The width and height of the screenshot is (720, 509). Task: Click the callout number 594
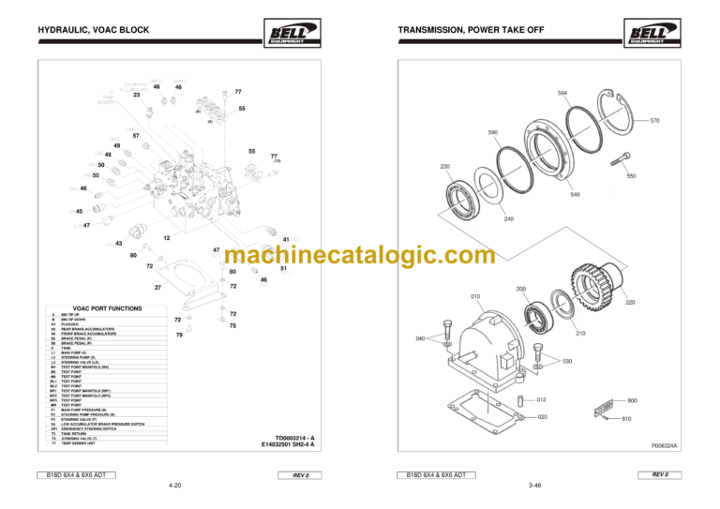(562, 94)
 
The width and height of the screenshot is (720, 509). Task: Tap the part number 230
(445, 166)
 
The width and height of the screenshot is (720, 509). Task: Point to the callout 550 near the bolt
(631, 175)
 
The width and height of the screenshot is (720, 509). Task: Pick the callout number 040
(420, 337)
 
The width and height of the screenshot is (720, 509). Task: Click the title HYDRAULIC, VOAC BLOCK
(83, 32)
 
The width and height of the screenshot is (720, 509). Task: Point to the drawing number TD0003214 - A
(296, 438)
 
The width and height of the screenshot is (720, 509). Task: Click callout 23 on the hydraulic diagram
(137, 95)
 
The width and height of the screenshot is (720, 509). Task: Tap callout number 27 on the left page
(158, 287)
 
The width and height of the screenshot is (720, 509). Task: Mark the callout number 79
(179, 335)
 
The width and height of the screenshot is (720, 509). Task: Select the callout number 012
(541, 400)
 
